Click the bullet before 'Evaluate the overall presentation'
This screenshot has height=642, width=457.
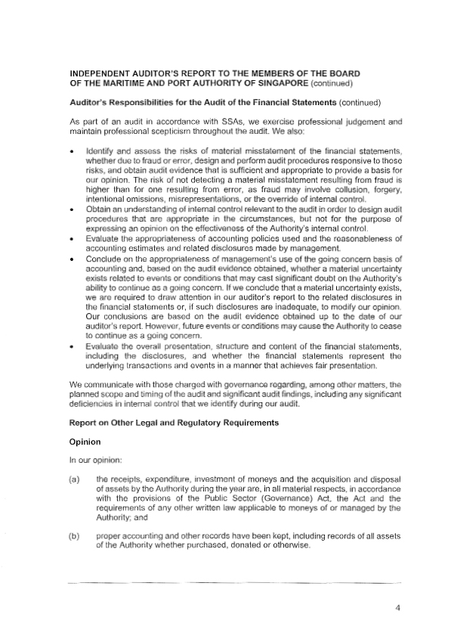click(x=71, y=347)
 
